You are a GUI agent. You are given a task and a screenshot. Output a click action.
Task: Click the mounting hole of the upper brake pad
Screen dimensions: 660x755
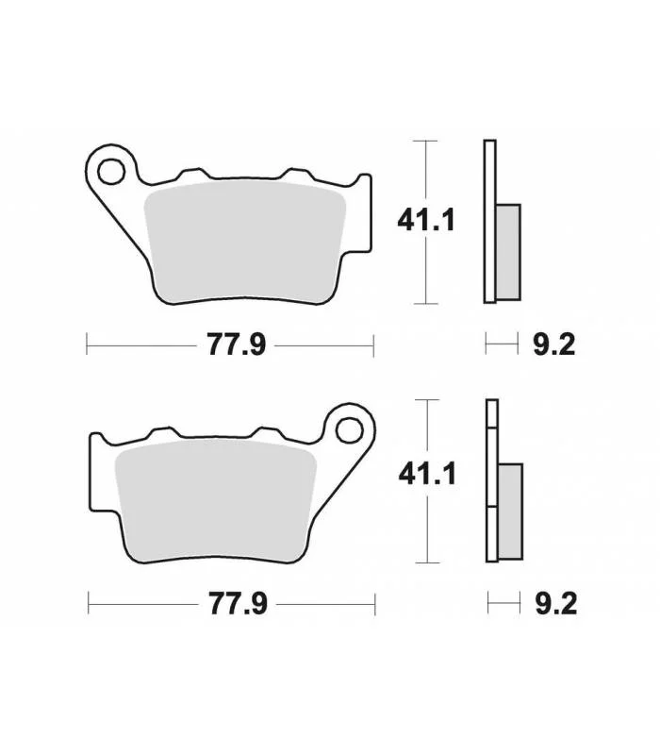point(111,172)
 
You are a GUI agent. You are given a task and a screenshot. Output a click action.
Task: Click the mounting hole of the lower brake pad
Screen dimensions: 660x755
point(349,430)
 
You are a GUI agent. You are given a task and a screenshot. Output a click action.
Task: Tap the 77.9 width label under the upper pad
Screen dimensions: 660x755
point(237,345)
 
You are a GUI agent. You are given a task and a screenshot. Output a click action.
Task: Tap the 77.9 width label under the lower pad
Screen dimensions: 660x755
point(238,604)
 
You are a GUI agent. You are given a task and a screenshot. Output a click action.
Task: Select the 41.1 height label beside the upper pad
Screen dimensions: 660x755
point(426,221)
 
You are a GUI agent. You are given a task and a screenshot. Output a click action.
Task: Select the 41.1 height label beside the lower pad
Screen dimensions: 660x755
point(427,475)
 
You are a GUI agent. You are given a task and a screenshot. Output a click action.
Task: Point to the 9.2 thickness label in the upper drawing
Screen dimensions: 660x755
point(553,345)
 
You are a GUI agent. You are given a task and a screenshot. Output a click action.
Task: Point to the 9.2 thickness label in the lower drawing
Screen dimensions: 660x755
point(556,604)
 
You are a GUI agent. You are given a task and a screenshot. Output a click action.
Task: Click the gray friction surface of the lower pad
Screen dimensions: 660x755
point(216,501)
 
